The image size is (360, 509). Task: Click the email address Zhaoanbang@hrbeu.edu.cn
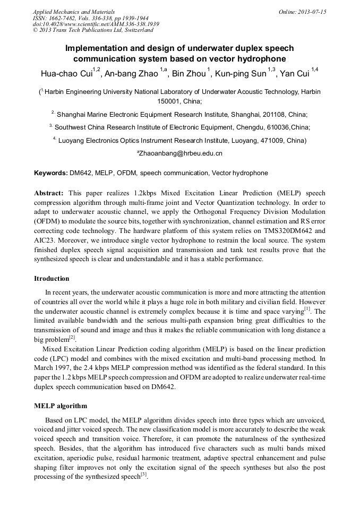point(180,153)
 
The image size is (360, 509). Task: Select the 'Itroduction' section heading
point(52,279)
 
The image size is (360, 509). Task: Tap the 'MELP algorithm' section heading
point(61,406)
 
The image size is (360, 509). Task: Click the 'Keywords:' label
point(51,173)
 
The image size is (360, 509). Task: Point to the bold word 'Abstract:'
point(49,192)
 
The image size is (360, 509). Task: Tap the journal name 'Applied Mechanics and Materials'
point(74,12)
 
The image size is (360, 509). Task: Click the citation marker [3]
point(143,475)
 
